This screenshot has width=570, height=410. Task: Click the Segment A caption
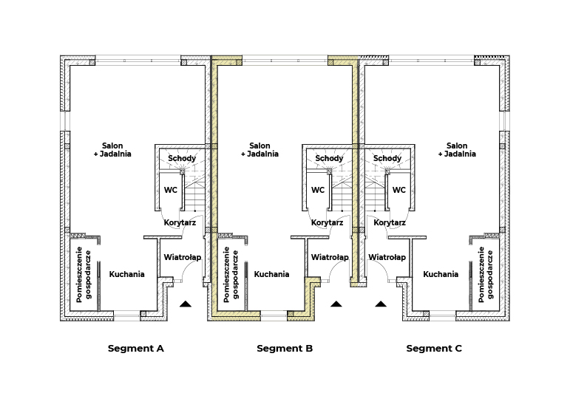coord(136,349)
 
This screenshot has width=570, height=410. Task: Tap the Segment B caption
coord(285,349)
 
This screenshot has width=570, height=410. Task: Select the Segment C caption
coord(434,349)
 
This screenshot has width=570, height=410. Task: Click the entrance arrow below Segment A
coord(186,304)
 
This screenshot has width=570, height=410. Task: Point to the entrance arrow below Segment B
coord(336,304)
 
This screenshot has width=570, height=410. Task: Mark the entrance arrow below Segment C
coord(381,304)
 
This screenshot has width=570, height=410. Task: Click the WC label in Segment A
coord(171,190)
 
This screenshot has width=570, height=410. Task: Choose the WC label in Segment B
coord(318,190)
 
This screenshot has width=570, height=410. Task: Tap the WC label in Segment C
coord(398,190)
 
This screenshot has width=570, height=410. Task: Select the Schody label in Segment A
coord(182,158)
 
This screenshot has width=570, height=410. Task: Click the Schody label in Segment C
coord(387,158)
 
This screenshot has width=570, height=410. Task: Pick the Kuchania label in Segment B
coord(271,274)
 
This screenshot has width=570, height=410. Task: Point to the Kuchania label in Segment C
coord(441,274)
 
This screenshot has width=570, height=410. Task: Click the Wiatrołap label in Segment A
coord(183,258)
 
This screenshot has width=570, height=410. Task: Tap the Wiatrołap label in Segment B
coord(330,258)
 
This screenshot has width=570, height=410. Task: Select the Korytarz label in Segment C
coord(390,222)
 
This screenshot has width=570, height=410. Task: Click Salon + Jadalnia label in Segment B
coord(259,150)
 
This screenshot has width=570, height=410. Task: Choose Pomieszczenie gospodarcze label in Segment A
coord(84,275)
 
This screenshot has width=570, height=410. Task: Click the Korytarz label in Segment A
coord(180,222)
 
